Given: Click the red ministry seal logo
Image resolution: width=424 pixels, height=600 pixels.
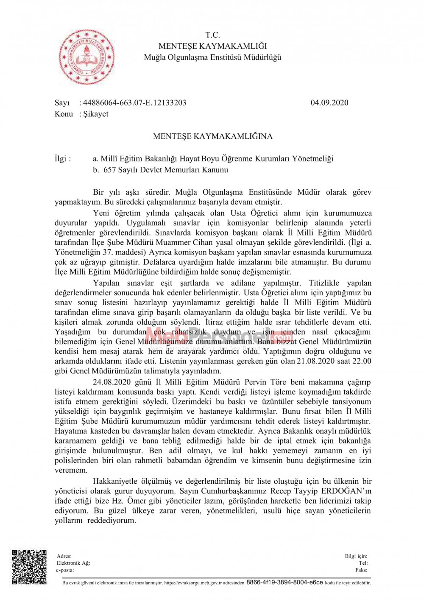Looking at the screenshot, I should click(87, 57).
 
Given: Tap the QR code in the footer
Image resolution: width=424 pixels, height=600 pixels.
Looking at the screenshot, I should click(29, 567).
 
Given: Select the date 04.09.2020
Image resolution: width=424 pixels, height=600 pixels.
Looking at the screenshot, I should click(329, 103).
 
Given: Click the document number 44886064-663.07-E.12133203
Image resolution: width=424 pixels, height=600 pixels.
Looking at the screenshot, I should click(134, 103).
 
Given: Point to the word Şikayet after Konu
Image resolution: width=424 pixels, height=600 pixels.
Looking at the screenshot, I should click(96, 114).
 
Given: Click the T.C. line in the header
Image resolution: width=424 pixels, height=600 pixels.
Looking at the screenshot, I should click(212, 35).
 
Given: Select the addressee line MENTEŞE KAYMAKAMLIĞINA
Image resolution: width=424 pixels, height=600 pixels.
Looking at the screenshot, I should click(212, 136).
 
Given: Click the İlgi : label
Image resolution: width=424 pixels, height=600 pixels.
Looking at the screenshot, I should click(63, 159).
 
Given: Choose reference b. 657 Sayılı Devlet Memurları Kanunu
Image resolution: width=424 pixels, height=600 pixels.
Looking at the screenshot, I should click(161, 170).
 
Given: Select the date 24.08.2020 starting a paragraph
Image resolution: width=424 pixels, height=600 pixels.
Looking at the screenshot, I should click(112, 382).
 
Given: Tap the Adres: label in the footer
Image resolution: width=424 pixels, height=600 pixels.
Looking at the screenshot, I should click(64, 556).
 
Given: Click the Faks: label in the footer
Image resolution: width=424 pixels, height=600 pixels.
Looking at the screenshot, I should click(361, 570).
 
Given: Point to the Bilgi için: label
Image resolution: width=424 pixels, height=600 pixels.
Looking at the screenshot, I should click(356, 556).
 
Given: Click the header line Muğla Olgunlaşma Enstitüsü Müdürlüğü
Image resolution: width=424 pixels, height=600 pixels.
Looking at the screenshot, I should click(212, 57).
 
